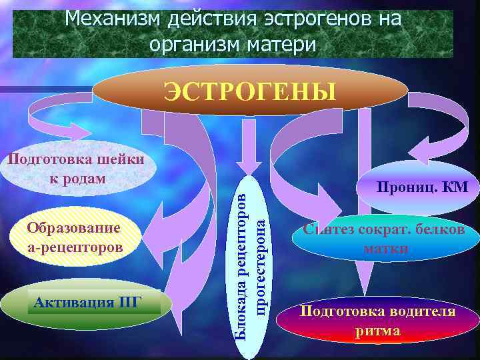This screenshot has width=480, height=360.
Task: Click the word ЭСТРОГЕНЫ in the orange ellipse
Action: (250, 91)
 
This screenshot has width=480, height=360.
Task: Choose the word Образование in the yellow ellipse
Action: (74, 227)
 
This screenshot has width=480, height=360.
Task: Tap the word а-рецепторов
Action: (75, 247)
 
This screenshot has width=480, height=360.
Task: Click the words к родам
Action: (78, 179)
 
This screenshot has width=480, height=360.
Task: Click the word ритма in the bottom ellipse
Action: (378, 331)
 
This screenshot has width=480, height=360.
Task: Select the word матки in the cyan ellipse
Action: (386, 249)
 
